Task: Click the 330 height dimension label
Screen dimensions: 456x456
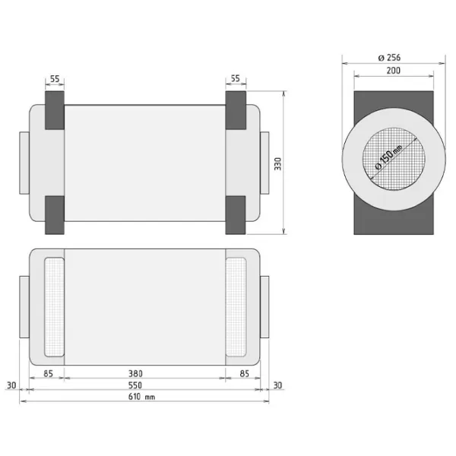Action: coord(278,163)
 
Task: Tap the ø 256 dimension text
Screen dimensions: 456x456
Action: coord(389,58)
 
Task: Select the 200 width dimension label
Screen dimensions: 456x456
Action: coord(393,71)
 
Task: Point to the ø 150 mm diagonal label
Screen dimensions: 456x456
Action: coord(388,157)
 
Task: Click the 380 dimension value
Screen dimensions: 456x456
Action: coord(135,373)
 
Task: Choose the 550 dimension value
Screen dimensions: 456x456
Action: coord(135,385)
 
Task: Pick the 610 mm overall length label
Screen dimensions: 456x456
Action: coord(141,397)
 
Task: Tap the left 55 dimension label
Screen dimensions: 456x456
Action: coord(55,79)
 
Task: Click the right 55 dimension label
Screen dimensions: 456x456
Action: coord(236,78)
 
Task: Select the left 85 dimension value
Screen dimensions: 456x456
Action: coord(49,373)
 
